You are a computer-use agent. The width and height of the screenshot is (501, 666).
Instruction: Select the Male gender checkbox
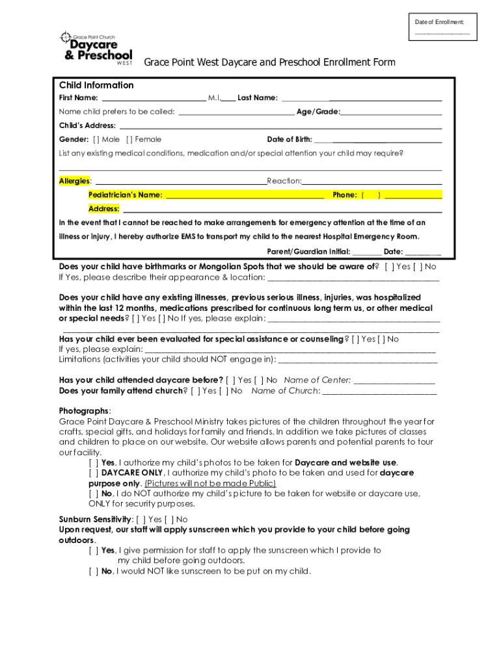coord(96,139)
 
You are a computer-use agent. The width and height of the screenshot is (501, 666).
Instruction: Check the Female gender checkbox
coord(129,139)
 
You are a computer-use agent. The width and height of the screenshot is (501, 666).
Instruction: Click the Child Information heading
coord(96,85)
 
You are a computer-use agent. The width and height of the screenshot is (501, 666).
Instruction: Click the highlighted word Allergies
coord(74,181)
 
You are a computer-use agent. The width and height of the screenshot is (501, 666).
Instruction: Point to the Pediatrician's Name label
coord(126,194)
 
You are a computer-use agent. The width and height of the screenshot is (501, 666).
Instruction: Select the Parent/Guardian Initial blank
coord(367,252)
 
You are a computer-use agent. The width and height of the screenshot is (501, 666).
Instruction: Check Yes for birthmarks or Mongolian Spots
coord(389,267)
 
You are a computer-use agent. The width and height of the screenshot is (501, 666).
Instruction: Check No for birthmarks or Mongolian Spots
coord(417,267)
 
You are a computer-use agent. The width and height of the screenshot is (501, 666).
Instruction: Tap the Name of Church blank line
coord(379,392)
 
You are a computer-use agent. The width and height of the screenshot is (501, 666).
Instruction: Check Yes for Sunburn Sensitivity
coord(141,519)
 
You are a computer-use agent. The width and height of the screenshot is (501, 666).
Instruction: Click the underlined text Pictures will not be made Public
coord(210,483)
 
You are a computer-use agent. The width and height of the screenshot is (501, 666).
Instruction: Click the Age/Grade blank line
coord(391,112)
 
